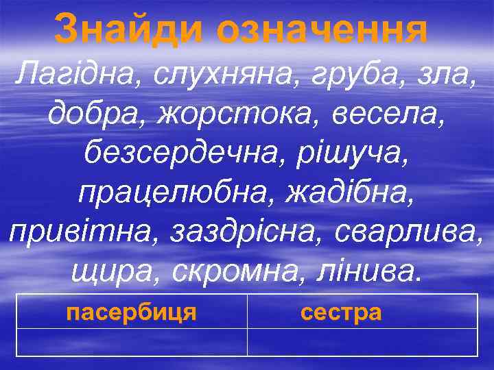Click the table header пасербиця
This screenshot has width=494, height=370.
point(132,312)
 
